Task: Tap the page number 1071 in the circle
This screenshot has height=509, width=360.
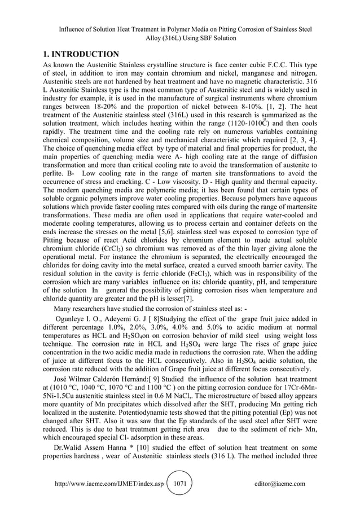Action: tap(182, 484)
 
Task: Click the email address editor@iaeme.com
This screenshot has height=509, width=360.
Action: tap(280, 484)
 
